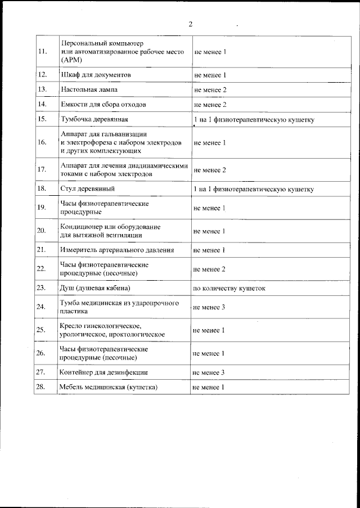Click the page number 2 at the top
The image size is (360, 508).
pyautogui.click(x=190, y=24)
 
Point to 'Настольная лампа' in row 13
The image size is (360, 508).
pyautogui.click(x=89, y=89)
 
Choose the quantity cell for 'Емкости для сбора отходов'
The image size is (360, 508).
pyautogui.click(x=210, y=105)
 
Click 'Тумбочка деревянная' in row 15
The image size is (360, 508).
pyautogui.click(x=94, y=119)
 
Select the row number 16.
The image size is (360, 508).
pyautogui.click(x=42, y=143)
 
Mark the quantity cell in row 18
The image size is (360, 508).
pyautogui.click(x=253, y=189)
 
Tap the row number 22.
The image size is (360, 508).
pyautogui.click(x=41, y=269)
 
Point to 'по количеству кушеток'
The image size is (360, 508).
pyautogui.click(x=229, y=288)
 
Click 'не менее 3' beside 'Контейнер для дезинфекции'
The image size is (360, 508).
pyautogui.click(x=209, y=372)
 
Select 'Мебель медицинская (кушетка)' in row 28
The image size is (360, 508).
pyautogui.click(x=108, y=388)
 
